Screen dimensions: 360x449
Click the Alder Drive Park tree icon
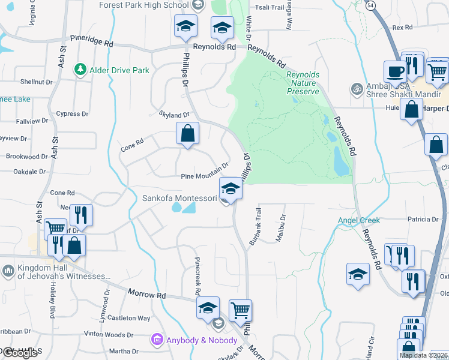tap(80, 70)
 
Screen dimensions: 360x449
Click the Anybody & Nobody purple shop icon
tap(158, 340)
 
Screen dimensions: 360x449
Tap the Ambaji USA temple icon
tap(356, 88)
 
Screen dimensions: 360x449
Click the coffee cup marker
tap(395, 72)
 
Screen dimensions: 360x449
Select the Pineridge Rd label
tap(92, 43)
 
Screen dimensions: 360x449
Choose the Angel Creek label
tap(359, 220)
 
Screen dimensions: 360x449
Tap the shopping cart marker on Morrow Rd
tap(240, 310)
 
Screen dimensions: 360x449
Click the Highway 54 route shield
tap(372, 4)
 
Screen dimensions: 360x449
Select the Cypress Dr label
tap(72, 113)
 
